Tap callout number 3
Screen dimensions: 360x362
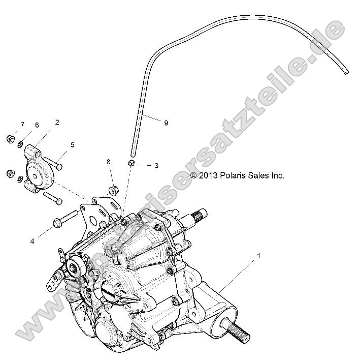tap(156, 165)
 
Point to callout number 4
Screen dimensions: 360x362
tap(32, 241)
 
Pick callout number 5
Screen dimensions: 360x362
tap(72, 145)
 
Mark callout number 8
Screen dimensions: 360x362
tap(108, 162)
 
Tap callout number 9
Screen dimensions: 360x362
tap(166, 123)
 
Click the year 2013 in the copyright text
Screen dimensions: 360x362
tap(208, 175)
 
